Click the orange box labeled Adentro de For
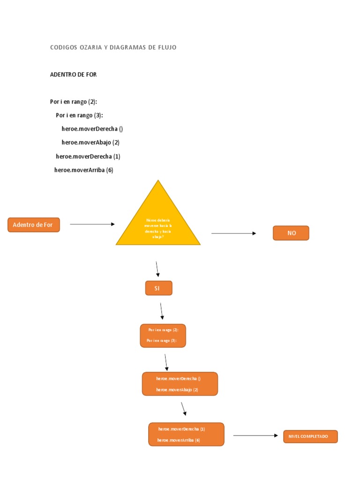click(34, 225)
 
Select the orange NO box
click(291, 233)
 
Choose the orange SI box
click(158, 288)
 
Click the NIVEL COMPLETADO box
click(310, 436)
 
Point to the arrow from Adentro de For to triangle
click(92, 225)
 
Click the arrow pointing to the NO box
click(233, 233)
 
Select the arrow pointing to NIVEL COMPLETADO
click(255, 435)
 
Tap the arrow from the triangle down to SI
click(157, 269)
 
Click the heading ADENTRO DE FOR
click(73, 75)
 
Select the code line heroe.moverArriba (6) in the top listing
click(84, 170)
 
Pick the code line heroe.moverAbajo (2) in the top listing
click(90, 142)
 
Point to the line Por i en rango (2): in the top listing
click(74, 101)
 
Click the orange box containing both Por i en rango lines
click(163, 336)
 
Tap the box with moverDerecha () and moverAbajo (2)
click(180, 384)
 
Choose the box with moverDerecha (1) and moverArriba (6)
click(186, 435)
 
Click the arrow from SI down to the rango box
click(162, 310)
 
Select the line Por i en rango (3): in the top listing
click(79, 115)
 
